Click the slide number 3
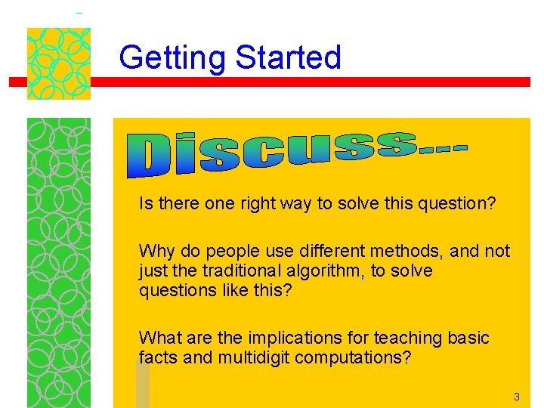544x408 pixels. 517,397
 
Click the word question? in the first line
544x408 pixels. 456,204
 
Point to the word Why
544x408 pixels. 156,251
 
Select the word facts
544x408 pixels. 159,357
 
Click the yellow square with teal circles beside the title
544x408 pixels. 59,63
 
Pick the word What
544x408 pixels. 160,338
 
